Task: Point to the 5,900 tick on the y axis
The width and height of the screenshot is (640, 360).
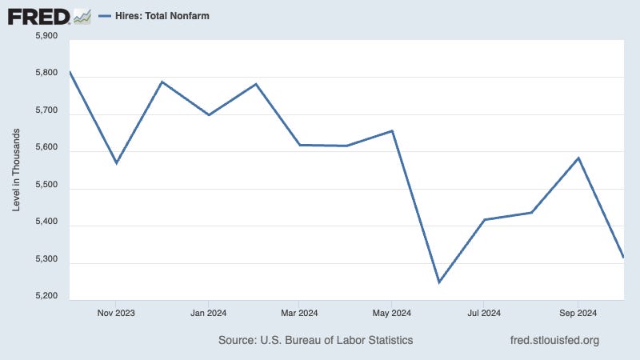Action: pos(46,36)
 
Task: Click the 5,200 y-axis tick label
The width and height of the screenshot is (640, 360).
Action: pos(46,297)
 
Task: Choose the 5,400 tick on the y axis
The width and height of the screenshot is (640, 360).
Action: pos(46,222)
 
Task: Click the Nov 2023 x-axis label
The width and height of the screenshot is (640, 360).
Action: pos(115,312)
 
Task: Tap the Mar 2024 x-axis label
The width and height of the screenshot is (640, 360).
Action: pos(299,312)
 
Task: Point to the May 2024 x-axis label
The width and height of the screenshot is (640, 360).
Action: pos(392,312)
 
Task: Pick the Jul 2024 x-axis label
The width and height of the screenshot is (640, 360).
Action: pos(484,312)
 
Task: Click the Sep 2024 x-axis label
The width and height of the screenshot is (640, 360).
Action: pos(577,312)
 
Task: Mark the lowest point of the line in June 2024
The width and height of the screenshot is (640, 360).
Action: pos(438,282)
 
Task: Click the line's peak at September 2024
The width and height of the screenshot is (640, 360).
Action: pos(578,158)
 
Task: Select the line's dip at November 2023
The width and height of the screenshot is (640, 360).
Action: pos(117,163)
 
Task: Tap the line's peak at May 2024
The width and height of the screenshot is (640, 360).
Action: pos(392,130)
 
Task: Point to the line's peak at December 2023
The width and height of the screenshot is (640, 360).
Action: pos(162,82)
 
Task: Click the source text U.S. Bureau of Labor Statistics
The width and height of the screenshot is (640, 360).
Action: pos(315,340)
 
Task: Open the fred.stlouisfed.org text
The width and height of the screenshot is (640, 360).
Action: pos(554,340)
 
